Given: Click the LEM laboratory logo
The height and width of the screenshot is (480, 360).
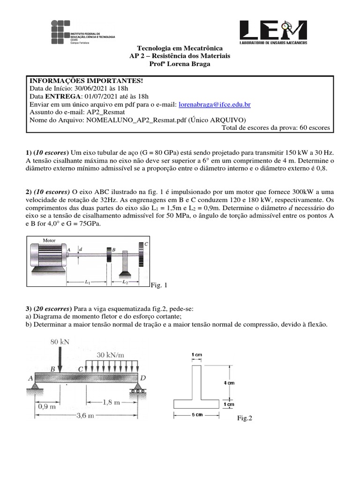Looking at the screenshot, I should pos(273,33).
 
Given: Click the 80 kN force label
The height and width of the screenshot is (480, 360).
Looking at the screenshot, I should pos(60,342).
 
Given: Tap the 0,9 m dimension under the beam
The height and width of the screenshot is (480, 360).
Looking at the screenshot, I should pos(46,407).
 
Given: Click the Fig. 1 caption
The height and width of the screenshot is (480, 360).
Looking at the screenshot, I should pos(159,285).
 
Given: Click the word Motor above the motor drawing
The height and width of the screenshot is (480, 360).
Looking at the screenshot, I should pos(49,240).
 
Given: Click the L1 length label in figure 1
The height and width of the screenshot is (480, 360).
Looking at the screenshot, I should pos(88,283).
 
